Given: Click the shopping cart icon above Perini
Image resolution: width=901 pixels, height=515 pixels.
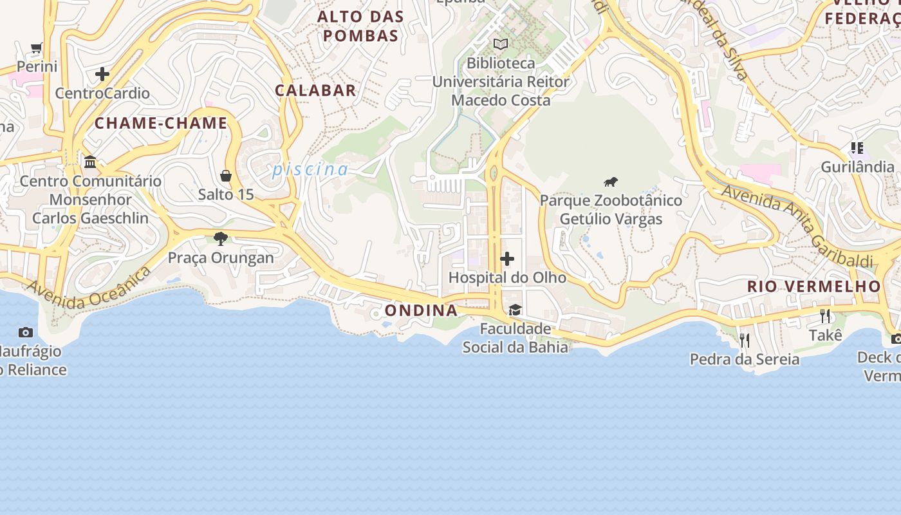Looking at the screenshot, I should tap(37, 48).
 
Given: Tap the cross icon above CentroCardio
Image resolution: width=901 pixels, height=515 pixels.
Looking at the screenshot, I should tap(102, 74).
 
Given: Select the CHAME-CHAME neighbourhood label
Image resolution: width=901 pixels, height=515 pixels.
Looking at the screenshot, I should tap(162, 123).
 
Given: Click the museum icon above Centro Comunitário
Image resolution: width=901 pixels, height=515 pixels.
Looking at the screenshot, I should tap(90, 162).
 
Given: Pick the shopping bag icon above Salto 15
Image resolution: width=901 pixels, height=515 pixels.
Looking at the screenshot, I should tap(226, 176).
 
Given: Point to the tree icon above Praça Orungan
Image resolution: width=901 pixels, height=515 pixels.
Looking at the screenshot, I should tap(221, 239).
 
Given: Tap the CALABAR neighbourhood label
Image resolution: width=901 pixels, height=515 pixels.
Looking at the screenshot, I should tap(315, 90).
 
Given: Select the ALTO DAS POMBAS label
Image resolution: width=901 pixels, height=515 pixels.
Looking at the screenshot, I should tap(361, 26).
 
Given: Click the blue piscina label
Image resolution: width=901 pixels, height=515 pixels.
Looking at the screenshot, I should tap(310, 170).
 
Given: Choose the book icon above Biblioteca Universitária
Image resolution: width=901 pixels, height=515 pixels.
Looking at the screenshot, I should tap(501, 44).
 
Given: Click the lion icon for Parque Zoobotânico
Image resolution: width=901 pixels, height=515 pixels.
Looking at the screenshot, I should tap(611, 182).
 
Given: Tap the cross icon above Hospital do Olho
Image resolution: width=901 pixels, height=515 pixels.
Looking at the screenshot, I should tap(507, 259).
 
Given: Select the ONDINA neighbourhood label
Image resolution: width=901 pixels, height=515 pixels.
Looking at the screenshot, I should tap(422, 310).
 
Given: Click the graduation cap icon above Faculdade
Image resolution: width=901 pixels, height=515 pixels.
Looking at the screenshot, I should tap(515, 310).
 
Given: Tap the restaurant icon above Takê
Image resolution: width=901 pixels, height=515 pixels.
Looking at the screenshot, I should tap(825, 316).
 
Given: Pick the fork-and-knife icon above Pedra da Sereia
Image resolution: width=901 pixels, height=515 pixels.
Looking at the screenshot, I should tap(745, 340).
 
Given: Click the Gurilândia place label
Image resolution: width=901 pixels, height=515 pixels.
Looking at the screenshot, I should tap(857, 167).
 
